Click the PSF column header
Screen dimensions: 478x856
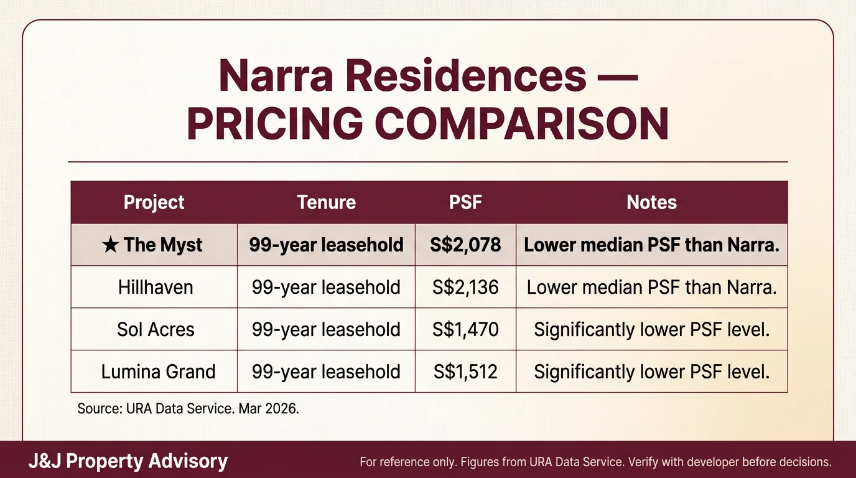point(465,202)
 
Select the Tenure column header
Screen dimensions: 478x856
point(326,202)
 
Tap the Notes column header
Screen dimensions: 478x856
point(651,202)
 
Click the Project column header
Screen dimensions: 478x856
point(154,202)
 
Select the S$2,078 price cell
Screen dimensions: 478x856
point(465,245)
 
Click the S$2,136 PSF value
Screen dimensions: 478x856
point(465,287)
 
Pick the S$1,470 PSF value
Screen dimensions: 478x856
point(465,329)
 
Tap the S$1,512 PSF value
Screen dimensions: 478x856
point(465,372)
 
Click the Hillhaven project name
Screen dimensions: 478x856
point(156,287)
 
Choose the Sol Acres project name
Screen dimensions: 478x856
point(156,329)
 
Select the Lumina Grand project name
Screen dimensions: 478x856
point(158,372)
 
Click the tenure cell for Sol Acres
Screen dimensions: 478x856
point(326,329)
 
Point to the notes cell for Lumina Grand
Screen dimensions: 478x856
point(651,372)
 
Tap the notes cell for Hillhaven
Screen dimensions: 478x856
point(651,287)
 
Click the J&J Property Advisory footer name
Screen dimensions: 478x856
point(128,461)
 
